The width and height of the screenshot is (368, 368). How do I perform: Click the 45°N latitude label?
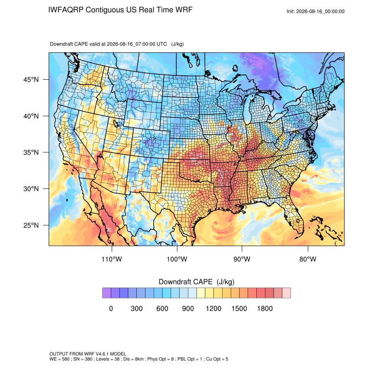(x=31, y=80)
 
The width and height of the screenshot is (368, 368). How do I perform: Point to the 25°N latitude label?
(x=31, y=225)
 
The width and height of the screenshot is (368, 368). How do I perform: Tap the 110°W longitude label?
(x=112, y=259)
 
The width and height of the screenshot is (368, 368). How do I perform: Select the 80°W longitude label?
(x=308, y=259)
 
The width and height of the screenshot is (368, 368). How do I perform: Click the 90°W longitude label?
(x=242, y=259)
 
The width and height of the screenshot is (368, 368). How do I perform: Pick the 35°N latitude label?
(x=31, y=152)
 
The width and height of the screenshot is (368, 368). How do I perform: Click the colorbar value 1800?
(x=265, y=308)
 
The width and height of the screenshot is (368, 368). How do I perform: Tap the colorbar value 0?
(x=111, y=308)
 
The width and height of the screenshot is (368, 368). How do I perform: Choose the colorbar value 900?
(x=188, y=308)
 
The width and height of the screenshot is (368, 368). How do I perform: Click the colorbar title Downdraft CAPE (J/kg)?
(x=197, y=282)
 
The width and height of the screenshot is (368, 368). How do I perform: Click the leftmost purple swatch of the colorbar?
(x=107, y=293)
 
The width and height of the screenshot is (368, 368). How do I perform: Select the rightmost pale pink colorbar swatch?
(x=286, y=293)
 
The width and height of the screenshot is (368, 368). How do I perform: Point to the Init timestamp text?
(x=316, y=12)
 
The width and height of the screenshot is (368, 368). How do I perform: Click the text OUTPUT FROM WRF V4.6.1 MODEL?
(x=88, y=354)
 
